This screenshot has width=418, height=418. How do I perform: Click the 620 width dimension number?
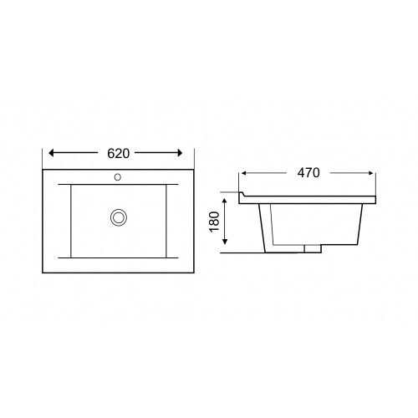(x=119, y=153)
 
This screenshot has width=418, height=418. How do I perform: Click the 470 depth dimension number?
(x=308, y=173)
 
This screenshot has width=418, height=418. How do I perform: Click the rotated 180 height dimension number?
(x=215, y=222)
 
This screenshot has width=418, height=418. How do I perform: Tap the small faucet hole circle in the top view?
(x=118, y=177)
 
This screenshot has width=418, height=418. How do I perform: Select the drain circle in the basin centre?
(x=119, y=217)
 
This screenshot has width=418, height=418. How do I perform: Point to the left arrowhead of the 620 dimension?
(x=51, y=153)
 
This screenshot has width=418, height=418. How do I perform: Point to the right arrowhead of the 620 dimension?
(x=180, y=153)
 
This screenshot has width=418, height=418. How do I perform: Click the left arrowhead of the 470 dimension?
(x=243, y=173)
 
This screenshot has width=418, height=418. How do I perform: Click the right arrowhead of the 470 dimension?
(x=371, y=173)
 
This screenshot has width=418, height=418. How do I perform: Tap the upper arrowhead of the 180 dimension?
(x=225, y=201)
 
